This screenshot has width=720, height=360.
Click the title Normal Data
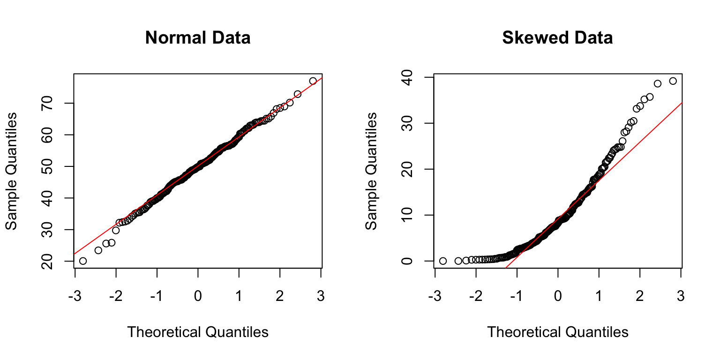(197, 37)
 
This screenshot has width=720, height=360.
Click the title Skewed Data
(557, 37)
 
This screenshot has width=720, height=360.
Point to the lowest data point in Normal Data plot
(83, 261)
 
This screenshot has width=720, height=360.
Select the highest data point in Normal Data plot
(313, 81)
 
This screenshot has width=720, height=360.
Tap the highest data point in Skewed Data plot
(673, 81)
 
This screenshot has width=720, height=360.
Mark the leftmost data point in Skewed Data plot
(443, 261)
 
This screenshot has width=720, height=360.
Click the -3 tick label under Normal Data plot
(75, 296)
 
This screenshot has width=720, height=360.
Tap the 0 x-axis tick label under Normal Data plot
(198, 296)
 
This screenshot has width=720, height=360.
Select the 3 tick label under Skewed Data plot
(681, 296)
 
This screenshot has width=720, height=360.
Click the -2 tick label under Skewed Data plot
(476, 296)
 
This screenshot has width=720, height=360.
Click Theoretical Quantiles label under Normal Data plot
(198, 332)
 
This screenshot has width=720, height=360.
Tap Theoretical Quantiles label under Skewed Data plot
(558, 332)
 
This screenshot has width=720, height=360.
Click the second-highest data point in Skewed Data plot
(658, 83)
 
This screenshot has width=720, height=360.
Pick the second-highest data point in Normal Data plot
(297, 94)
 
